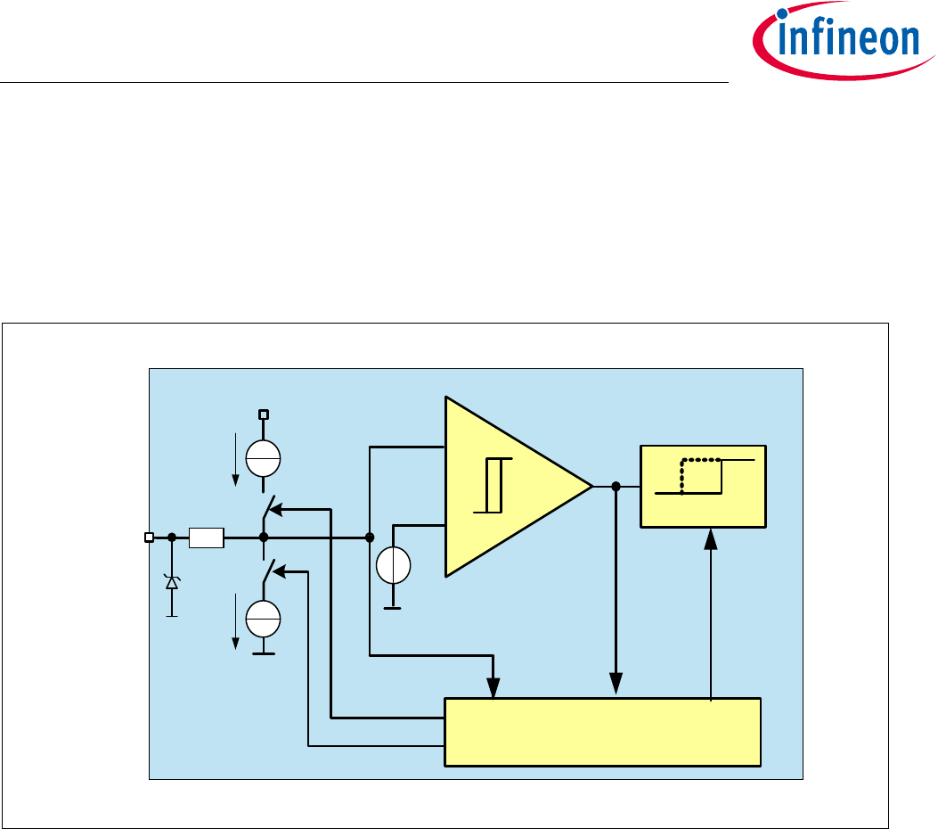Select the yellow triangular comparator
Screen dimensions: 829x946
[508, 487]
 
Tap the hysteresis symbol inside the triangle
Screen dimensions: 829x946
[494, 486]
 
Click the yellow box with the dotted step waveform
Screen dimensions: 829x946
[703, 486]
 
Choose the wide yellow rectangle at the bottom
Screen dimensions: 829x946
[602, 732]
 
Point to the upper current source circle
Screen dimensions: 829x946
[264, 459]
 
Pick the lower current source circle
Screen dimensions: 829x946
[264, 618]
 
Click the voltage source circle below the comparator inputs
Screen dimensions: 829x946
[393, 566]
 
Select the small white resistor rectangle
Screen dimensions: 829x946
[207, 538]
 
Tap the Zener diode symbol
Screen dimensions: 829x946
[172, 582]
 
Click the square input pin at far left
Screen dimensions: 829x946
[149, 538]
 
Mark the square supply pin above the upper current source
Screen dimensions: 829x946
[264, 414]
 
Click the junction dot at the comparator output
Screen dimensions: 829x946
[616, 486]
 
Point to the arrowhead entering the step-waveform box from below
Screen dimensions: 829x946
[710, 538]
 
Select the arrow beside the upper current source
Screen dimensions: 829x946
[235, 459]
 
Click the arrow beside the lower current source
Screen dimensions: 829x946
[235, 621]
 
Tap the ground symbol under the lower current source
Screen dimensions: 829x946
[264, 653]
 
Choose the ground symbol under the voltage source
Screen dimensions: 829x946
[393, 608]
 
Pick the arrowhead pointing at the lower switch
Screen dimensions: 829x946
[276, 572]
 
